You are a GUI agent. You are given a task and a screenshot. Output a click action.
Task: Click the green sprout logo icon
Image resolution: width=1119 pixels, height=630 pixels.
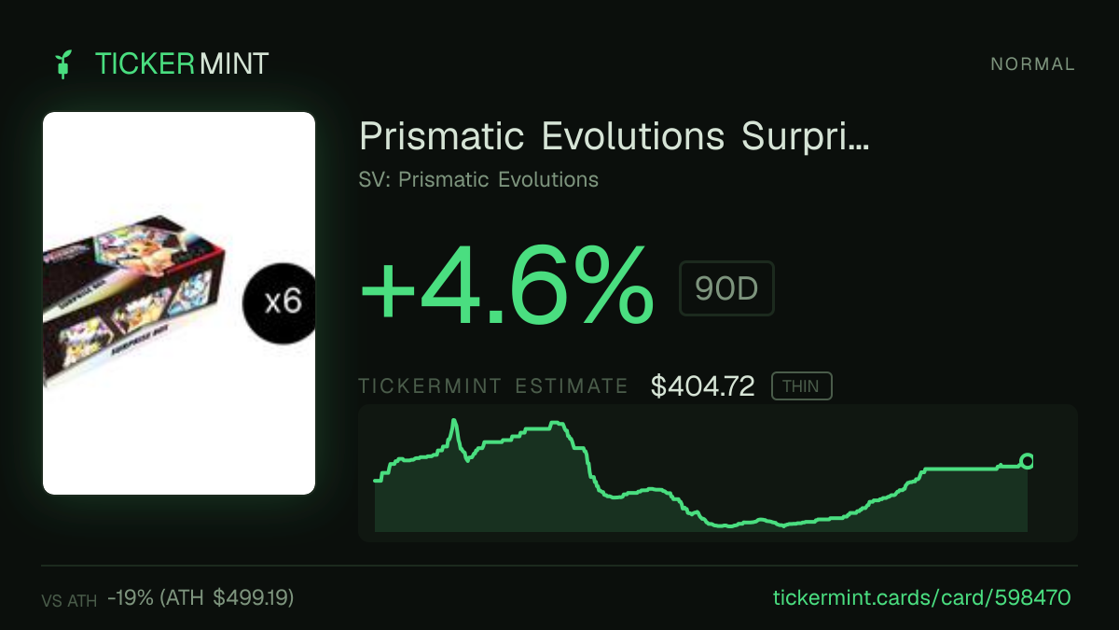tap(63, 64)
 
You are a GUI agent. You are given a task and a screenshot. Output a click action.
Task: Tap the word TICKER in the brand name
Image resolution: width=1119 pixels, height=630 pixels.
tap(145, 64)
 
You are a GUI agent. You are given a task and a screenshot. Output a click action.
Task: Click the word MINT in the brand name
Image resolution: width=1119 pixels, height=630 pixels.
tap(234, 64)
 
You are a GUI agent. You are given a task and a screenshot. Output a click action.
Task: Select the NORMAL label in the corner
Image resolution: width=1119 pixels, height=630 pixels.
tap(1032, 64)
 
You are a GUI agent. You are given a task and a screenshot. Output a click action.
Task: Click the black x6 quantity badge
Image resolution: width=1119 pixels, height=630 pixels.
tap(281, 303)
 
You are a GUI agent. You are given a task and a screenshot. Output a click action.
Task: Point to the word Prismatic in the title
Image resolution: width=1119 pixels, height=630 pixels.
tap(442, 136)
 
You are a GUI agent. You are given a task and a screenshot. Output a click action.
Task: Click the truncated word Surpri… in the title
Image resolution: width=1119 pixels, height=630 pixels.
tap(806, 136)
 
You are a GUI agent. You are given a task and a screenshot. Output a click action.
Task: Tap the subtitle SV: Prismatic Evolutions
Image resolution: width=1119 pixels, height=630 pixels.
tap(478, 179)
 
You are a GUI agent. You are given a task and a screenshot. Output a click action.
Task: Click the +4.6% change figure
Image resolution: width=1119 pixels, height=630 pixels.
tap(506, 285)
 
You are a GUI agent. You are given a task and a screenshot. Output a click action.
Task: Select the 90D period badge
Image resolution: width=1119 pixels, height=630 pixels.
tap(726, 288)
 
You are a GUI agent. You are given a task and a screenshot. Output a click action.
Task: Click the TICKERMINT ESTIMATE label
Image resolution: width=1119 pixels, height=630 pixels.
tap(493, 386)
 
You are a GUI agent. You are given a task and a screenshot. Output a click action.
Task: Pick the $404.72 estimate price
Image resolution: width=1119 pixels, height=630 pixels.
tap(702, 386)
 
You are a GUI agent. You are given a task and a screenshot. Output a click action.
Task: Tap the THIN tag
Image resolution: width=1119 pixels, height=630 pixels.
tap(801, 386)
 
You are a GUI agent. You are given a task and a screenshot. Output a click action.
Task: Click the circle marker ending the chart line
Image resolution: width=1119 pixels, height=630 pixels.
tap(1027, 461)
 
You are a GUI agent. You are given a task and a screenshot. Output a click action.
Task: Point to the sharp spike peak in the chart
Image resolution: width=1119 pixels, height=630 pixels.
tap(454, 421)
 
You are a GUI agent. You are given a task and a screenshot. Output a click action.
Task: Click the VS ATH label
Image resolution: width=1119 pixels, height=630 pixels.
tap(69, 600)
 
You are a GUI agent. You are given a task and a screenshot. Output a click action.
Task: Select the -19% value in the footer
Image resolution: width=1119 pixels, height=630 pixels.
tap(131, 597)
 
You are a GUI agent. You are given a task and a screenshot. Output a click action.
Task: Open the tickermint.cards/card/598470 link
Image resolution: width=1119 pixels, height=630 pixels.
tap(921, 597)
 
